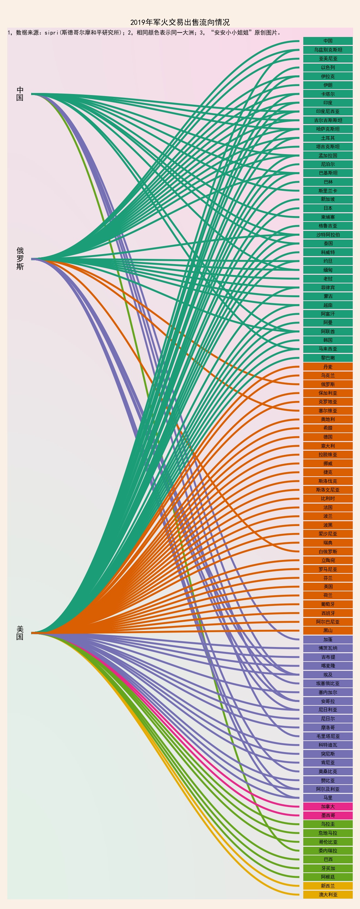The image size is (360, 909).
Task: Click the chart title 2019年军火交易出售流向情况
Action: (179, 22)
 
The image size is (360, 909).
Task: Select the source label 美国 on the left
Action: (20, 633)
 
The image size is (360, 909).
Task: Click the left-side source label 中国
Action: (20, 94)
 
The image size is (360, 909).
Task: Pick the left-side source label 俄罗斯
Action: (20, 259)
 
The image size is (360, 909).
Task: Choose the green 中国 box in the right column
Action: (327, 41)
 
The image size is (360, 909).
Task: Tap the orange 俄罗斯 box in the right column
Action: (327, 384)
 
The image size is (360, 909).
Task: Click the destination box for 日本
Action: (327, 208)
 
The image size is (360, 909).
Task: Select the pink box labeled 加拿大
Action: (327, 807)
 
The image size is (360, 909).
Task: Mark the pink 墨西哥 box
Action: (327, 815)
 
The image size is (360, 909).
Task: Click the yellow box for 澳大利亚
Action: (327, 894)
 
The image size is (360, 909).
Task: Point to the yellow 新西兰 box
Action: (327, 886)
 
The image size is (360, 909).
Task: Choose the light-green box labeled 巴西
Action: (327, 860)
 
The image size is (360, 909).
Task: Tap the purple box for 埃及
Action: (327, 675)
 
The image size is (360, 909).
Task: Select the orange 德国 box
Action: (327, 437)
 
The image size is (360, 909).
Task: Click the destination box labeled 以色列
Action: (327, 67)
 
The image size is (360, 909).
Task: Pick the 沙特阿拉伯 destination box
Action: (327, 235)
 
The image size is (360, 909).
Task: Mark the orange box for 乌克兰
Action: (327, 375)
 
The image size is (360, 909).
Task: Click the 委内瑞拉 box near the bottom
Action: (327, 851)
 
